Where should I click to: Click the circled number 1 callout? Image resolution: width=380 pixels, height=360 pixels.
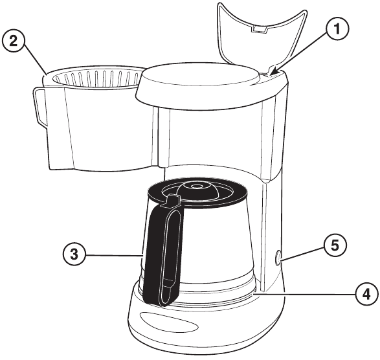point(337,29)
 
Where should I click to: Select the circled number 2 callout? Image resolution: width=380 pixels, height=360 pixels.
point(14,41)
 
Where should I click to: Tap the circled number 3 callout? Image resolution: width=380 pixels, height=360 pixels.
point(74,254)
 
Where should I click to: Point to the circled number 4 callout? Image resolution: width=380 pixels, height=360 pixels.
point(366,295)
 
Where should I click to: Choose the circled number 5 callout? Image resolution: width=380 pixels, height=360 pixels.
point(335,245)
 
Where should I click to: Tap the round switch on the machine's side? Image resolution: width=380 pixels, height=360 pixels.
point(278,257)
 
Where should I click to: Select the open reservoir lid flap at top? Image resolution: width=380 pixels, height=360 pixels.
point(262,36)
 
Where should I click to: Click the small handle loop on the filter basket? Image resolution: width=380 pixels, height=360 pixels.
point(39,107)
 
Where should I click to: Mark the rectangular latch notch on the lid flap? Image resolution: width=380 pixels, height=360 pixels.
point(259,29)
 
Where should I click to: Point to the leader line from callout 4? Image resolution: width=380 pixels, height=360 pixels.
point(305,294)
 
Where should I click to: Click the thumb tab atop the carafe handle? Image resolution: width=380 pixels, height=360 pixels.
point(173,200)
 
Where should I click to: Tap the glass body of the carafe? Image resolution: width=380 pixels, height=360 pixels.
point(216,242)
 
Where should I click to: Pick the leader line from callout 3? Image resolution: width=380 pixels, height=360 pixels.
point(114,255)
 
